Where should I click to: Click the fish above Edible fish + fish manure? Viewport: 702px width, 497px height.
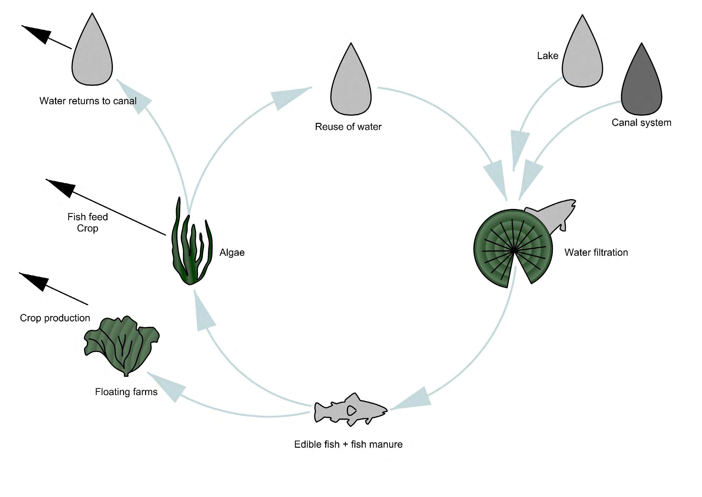tap(350, 410)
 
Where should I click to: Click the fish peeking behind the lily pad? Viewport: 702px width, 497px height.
tap(553, 216)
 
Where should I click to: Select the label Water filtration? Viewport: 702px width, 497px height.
tap(596, 253)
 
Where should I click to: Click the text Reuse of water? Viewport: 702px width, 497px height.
tap(348, 127)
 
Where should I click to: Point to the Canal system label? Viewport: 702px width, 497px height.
tap(641, 123)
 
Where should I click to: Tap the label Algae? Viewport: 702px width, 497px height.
tap(232, 253)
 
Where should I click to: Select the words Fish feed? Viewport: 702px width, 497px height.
tap(87, 217)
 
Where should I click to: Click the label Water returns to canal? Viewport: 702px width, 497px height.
tap(88, 101)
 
